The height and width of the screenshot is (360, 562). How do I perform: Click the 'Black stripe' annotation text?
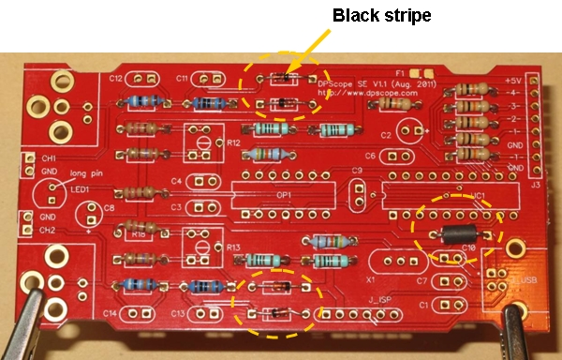click(x=382, y=16)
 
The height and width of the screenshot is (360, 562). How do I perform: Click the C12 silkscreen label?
click(x=116, y=79)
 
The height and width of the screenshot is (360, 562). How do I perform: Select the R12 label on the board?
click(x=233, y=142)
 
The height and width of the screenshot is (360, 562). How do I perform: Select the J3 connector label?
click(x=535, y=185)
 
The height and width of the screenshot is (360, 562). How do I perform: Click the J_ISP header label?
click(x=378, y=300)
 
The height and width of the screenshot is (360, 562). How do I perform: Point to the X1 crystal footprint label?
click(x=371, y=279)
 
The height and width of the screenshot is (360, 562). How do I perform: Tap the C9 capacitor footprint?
click(x=357, y=193)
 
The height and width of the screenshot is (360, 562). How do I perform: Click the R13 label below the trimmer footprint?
click(x=233, y=247)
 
